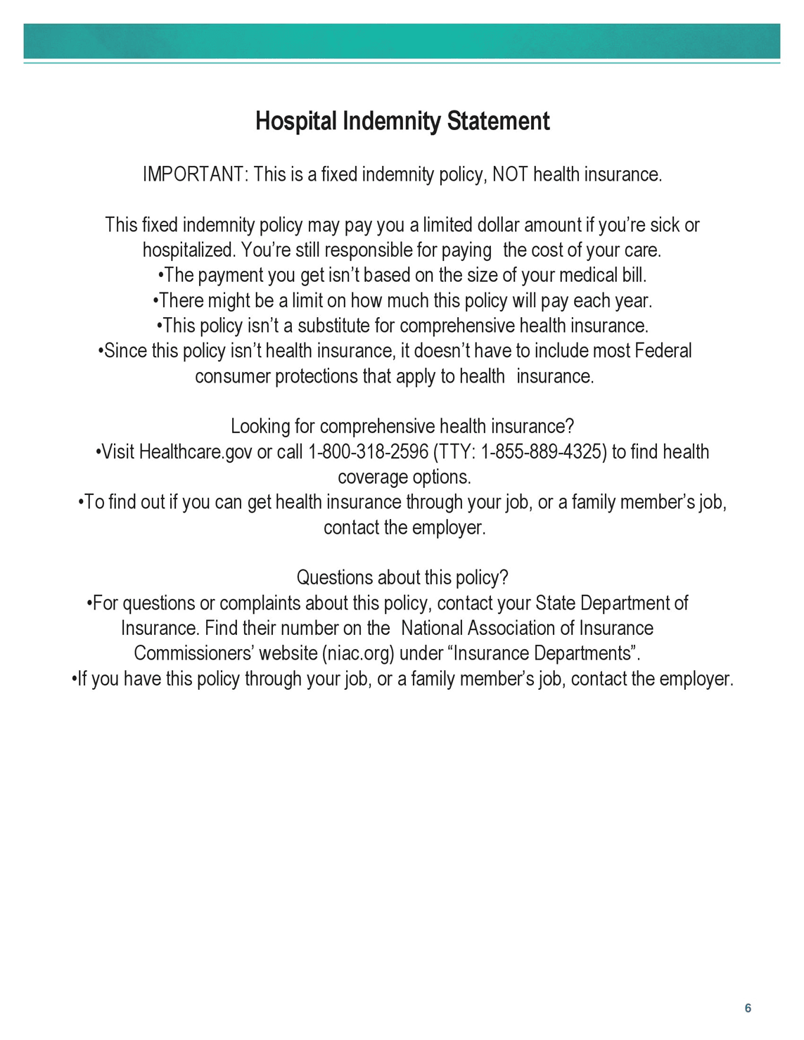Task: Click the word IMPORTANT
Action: [192, 174]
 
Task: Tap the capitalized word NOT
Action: [510, 174]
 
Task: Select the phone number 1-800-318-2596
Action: [368, 452]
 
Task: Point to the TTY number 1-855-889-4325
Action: [543, 452]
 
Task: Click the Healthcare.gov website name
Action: [196, 452]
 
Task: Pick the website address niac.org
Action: [359, 654]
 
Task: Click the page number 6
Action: [748, 1008]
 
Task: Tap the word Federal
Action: [663, 351]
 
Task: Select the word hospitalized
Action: [189, 250]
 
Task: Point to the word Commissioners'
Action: [193, 654]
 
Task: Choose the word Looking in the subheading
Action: [260, 427]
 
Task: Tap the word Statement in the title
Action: [499, 122]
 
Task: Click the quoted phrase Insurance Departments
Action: [544, 654]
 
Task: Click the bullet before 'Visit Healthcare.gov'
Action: [98, 451]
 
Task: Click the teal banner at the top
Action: [402, 41]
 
